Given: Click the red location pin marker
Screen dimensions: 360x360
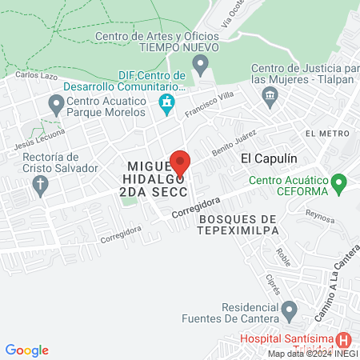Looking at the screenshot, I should coord(180,162).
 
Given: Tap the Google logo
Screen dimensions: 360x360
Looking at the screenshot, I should coord(27,350).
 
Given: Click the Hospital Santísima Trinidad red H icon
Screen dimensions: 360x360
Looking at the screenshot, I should coord(343,338).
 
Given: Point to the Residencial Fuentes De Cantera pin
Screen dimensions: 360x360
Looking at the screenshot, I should coord(289,309).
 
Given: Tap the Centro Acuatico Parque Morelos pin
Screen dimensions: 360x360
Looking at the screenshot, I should coord(56,103).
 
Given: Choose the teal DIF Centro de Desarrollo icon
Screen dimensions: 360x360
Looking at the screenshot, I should coord(166,102).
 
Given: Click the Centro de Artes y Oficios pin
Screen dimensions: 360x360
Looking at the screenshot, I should coord(202,62).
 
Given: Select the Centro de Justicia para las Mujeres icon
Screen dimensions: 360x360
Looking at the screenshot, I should coord(269,96).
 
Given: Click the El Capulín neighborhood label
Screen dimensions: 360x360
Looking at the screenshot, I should coord(264,158).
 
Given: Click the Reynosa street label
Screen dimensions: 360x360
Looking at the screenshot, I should coord(318,214).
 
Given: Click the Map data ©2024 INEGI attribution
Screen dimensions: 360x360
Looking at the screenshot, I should coord(312,353).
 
